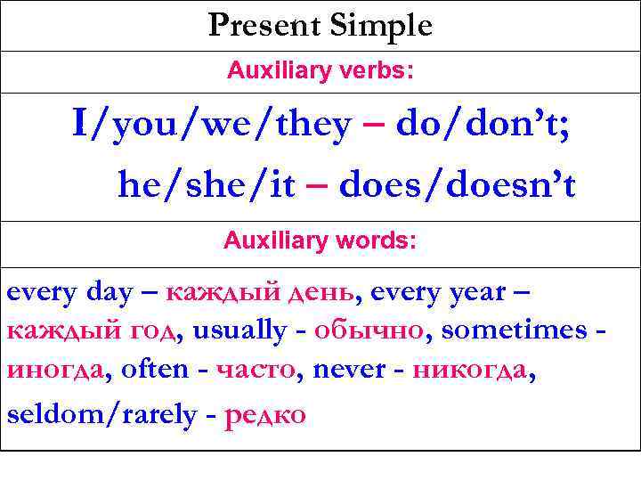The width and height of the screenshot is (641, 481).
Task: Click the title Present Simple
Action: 320,25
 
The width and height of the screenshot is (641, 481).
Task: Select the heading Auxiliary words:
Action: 320,240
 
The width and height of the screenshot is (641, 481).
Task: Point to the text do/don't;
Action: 483,126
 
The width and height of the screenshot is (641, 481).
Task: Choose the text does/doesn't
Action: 458,185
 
